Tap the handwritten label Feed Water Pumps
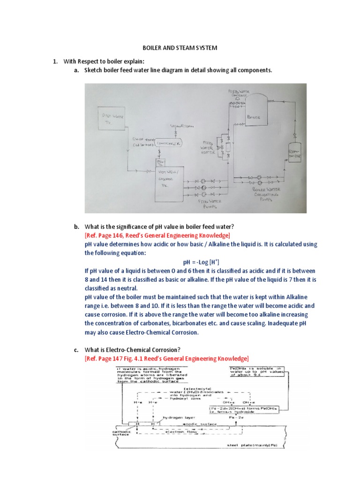point(202,204)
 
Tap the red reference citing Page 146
point(157,235)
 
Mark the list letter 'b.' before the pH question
point(75,226)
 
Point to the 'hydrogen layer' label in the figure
point(176,416)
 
